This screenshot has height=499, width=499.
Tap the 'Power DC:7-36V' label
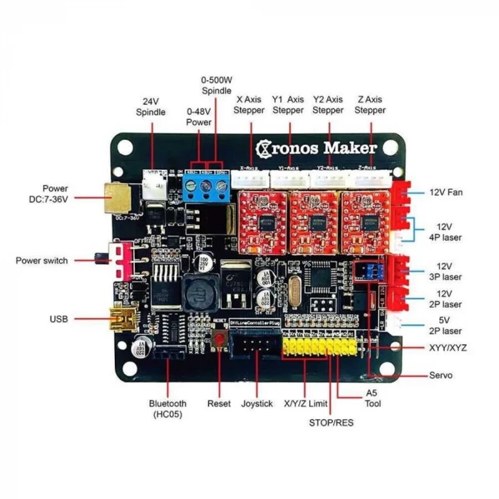pos(46,194)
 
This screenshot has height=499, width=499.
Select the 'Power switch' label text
pos(42,261)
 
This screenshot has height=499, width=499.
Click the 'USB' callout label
pos(59,319)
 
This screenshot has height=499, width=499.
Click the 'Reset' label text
pos(219,403)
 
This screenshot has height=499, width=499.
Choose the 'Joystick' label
pos(257,403)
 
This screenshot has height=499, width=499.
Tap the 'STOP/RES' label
pos(331,422)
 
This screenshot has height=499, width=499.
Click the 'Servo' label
pos(441,375)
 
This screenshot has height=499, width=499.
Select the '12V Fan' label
pos(446,192)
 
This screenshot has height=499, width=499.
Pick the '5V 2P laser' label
pos(446,325)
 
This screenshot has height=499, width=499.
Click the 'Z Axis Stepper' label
pos(370,105)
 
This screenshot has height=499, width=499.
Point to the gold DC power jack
pos(117,196)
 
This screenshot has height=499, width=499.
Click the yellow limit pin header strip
pos(318,349)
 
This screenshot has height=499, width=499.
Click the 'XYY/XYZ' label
pos(449,348)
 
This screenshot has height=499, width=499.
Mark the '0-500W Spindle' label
pos(216,86)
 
